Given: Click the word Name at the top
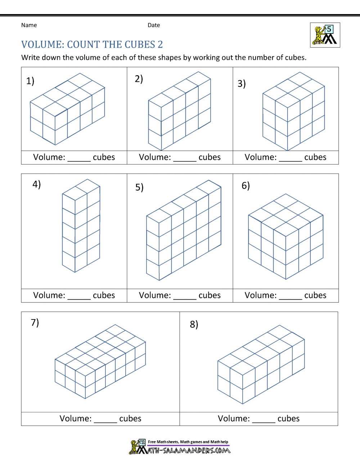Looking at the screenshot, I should (x=29, y=25).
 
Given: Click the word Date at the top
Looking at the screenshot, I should (x=154, y=25).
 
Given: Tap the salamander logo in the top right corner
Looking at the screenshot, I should (x=325, y=35).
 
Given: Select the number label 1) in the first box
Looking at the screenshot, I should (x=30, y=81).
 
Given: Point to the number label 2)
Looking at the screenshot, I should (x=139, y=79).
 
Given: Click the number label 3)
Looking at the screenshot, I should (x=242, y=84).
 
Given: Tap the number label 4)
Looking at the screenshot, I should (x=37, y=184).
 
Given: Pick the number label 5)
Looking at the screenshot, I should (x=139, y=187).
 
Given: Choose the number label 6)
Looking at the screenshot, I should (x=246, y=186).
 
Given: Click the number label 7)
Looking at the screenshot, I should (x=35, y=322).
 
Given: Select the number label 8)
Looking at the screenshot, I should (x=194, y=324).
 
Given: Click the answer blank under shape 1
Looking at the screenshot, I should (x=79, y=160).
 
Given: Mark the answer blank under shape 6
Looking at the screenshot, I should (x=291, y=298).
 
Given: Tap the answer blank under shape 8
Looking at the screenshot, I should (x=264, y=421).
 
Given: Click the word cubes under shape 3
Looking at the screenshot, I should (x=315, y=157).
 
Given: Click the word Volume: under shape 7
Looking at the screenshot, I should (x=76, y=418).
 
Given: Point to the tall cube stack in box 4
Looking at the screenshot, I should (x=81, y=226).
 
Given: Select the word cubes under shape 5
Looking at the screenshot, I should (x=210, y=295).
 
